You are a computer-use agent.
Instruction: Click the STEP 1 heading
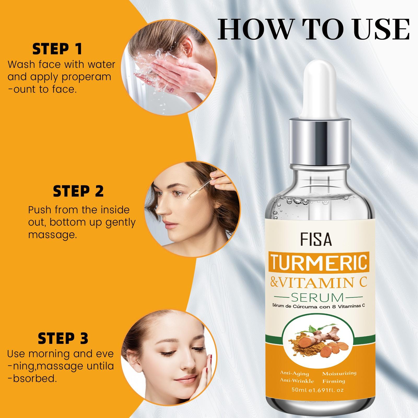pyautogui.click(x=57, y=49)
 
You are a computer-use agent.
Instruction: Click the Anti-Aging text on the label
pyautogui.click(x=294, y=374)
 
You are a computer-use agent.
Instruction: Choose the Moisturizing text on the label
pyautogui.click(x=339, y=374)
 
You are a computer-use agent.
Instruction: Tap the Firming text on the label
pyautogui.click(x=333, y=381)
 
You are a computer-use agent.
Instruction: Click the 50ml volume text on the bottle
pyautogui.click(x=300, y=390)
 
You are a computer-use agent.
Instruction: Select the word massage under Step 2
pyautogui.click(x=52, y=235)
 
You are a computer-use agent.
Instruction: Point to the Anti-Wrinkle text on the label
pyautogui.click(x=297, y=381)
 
